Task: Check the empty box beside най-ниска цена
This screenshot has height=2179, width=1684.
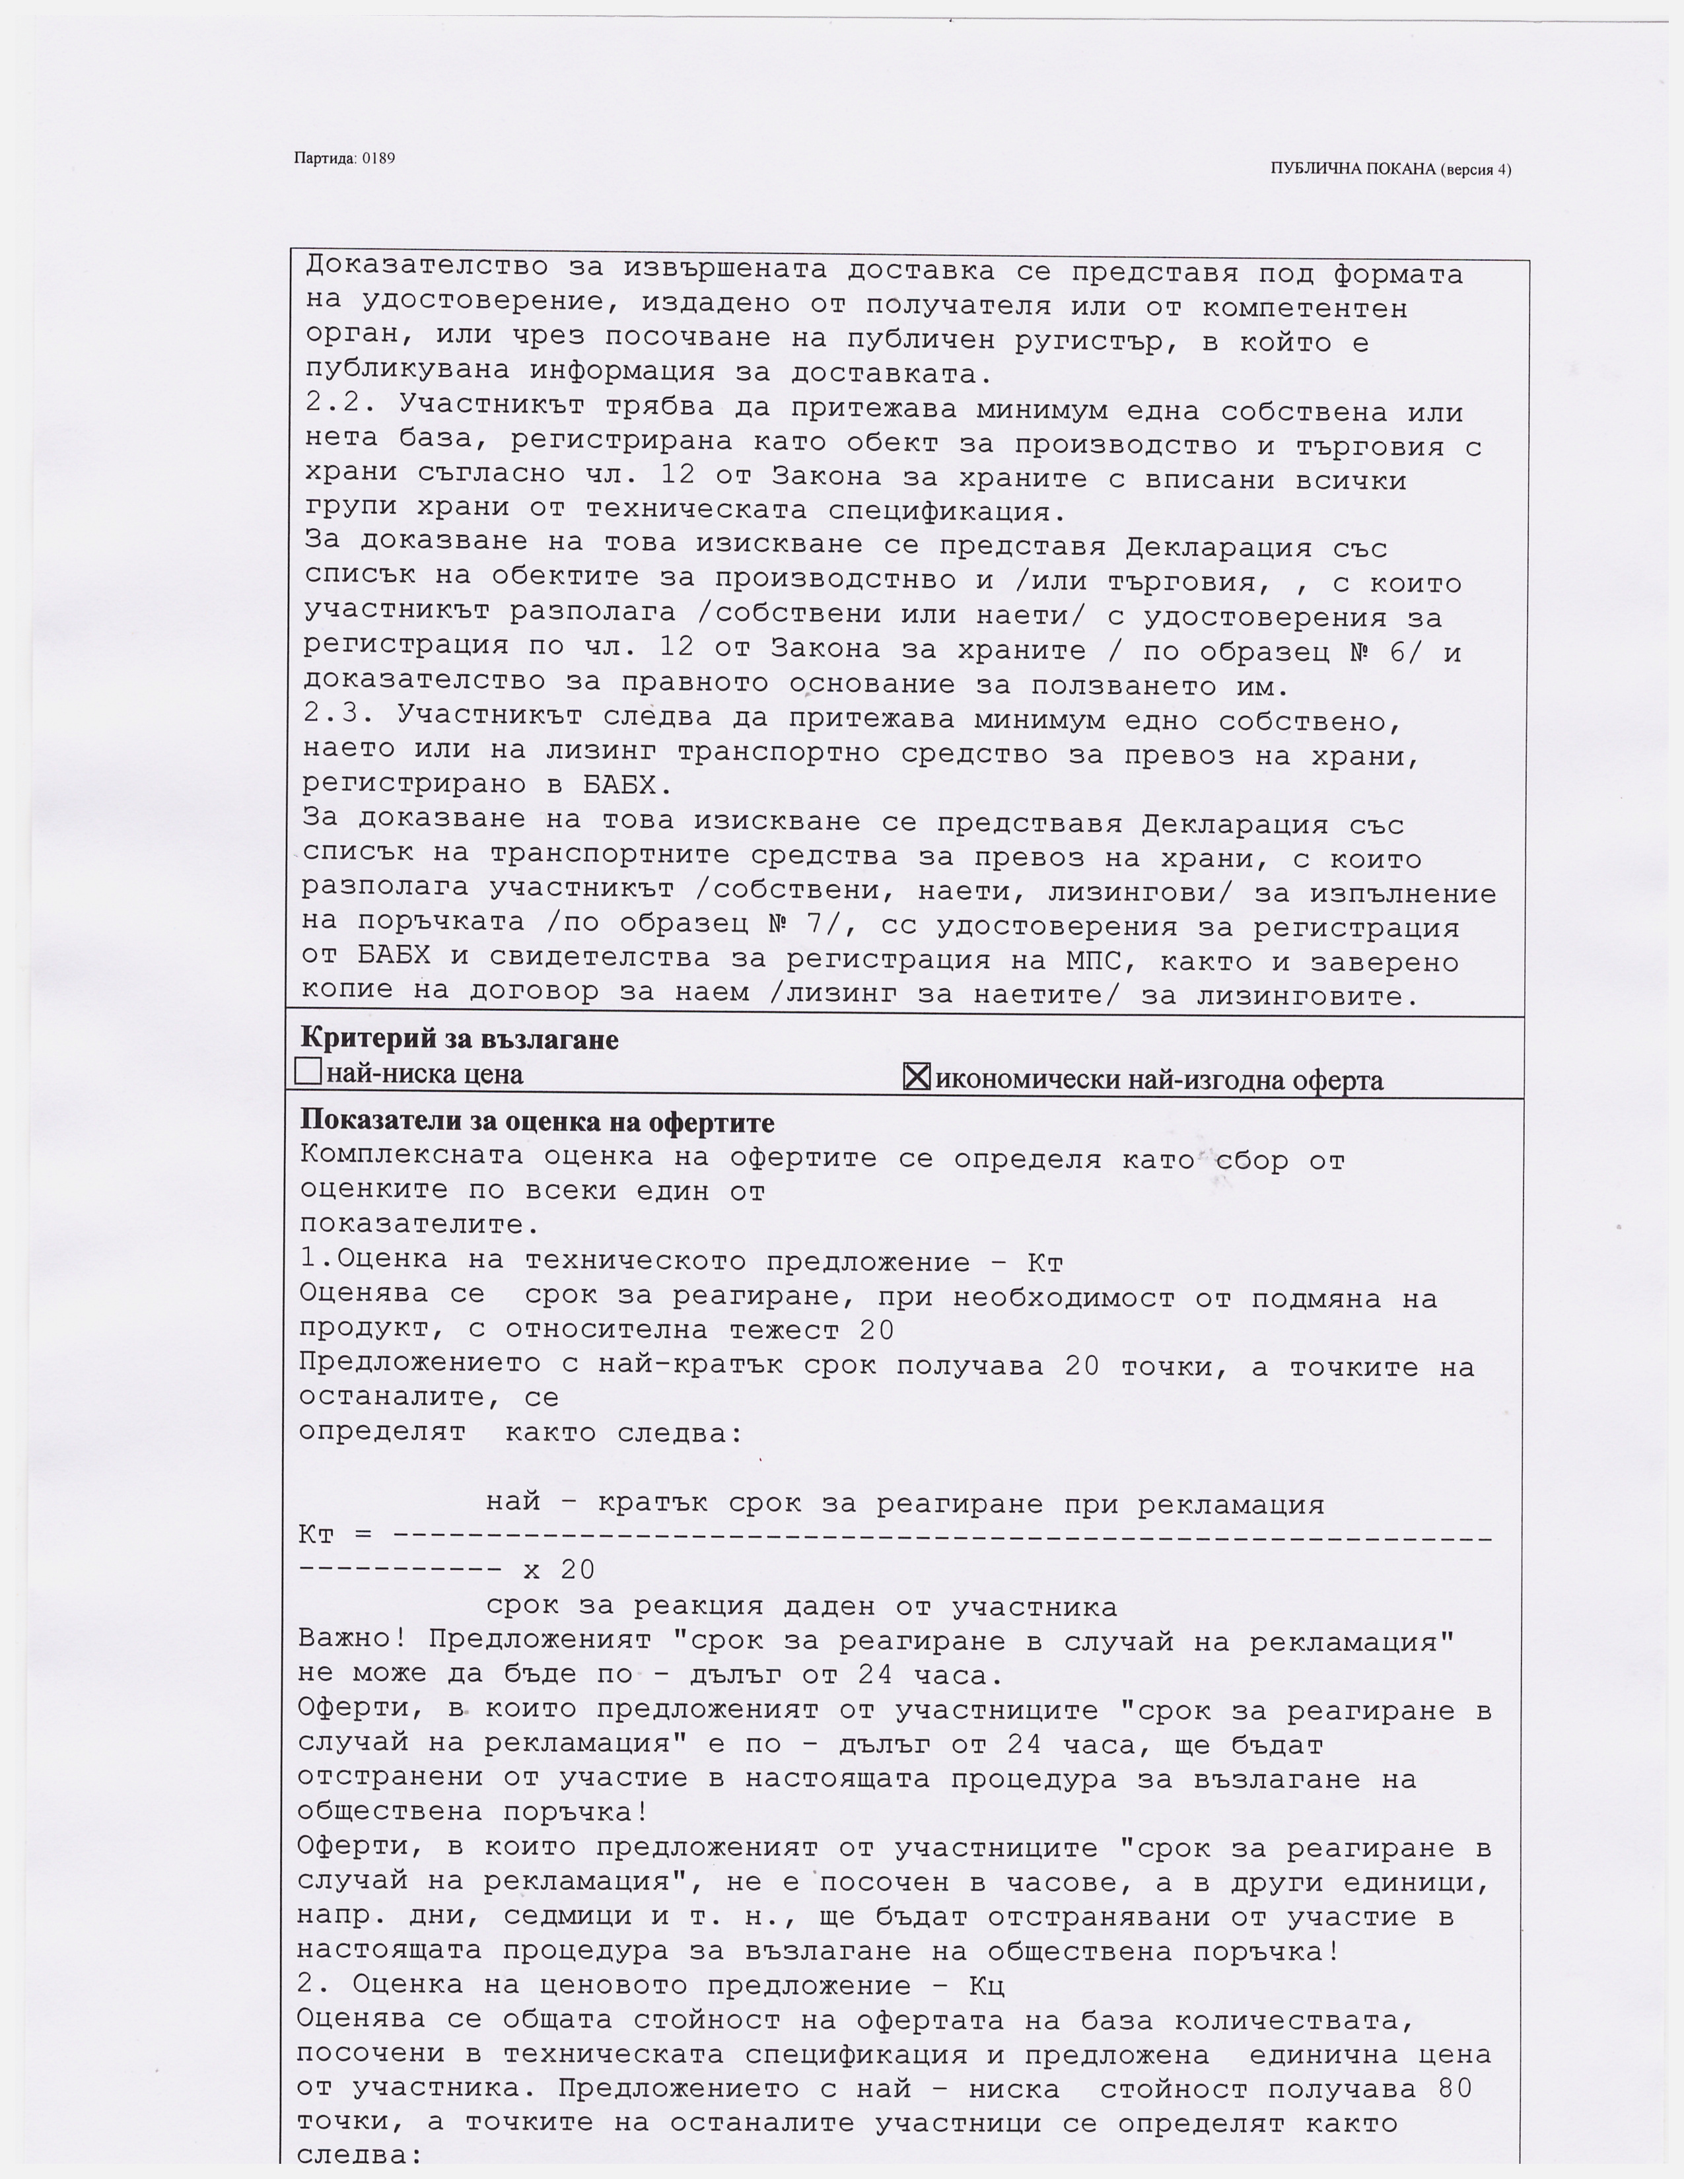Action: point(308,1072)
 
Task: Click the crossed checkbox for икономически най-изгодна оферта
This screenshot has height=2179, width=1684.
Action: point(916,1076)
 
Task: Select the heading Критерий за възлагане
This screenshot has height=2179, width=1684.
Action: point(459,1039)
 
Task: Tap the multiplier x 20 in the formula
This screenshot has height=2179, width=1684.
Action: point(559,1570)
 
